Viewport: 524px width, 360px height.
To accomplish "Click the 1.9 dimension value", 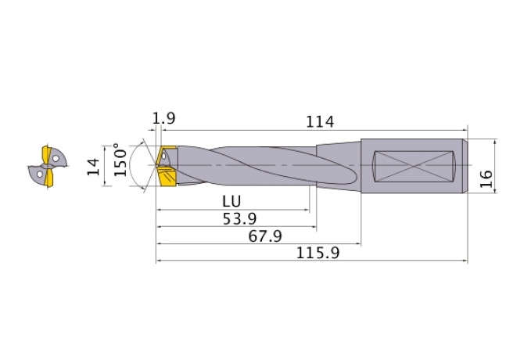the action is click(x=163, y=118).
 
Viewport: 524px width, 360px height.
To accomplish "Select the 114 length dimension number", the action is click(x=320, y=121).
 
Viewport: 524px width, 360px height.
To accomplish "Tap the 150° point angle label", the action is click(x=120, y=160).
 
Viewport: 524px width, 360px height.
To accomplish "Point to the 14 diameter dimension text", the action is click(x=93, y=167).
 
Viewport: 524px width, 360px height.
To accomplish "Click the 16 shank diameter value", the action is click(x=486, y=179).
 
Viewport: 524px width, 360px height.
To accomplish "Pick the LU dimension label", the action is click(x=231, y=201).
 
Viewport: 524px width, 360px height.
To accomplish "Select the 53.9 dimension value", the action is click(x=239, y=219).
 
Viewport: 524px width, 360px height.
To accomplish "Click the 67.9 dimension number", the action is click(x=265, y=236).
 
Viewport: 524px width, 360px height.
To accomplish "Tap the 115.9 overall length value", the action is click(x=318, y=253).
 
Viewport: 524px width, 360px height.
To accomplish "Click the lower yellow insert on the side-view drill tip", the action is click(x=167, y=177).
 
